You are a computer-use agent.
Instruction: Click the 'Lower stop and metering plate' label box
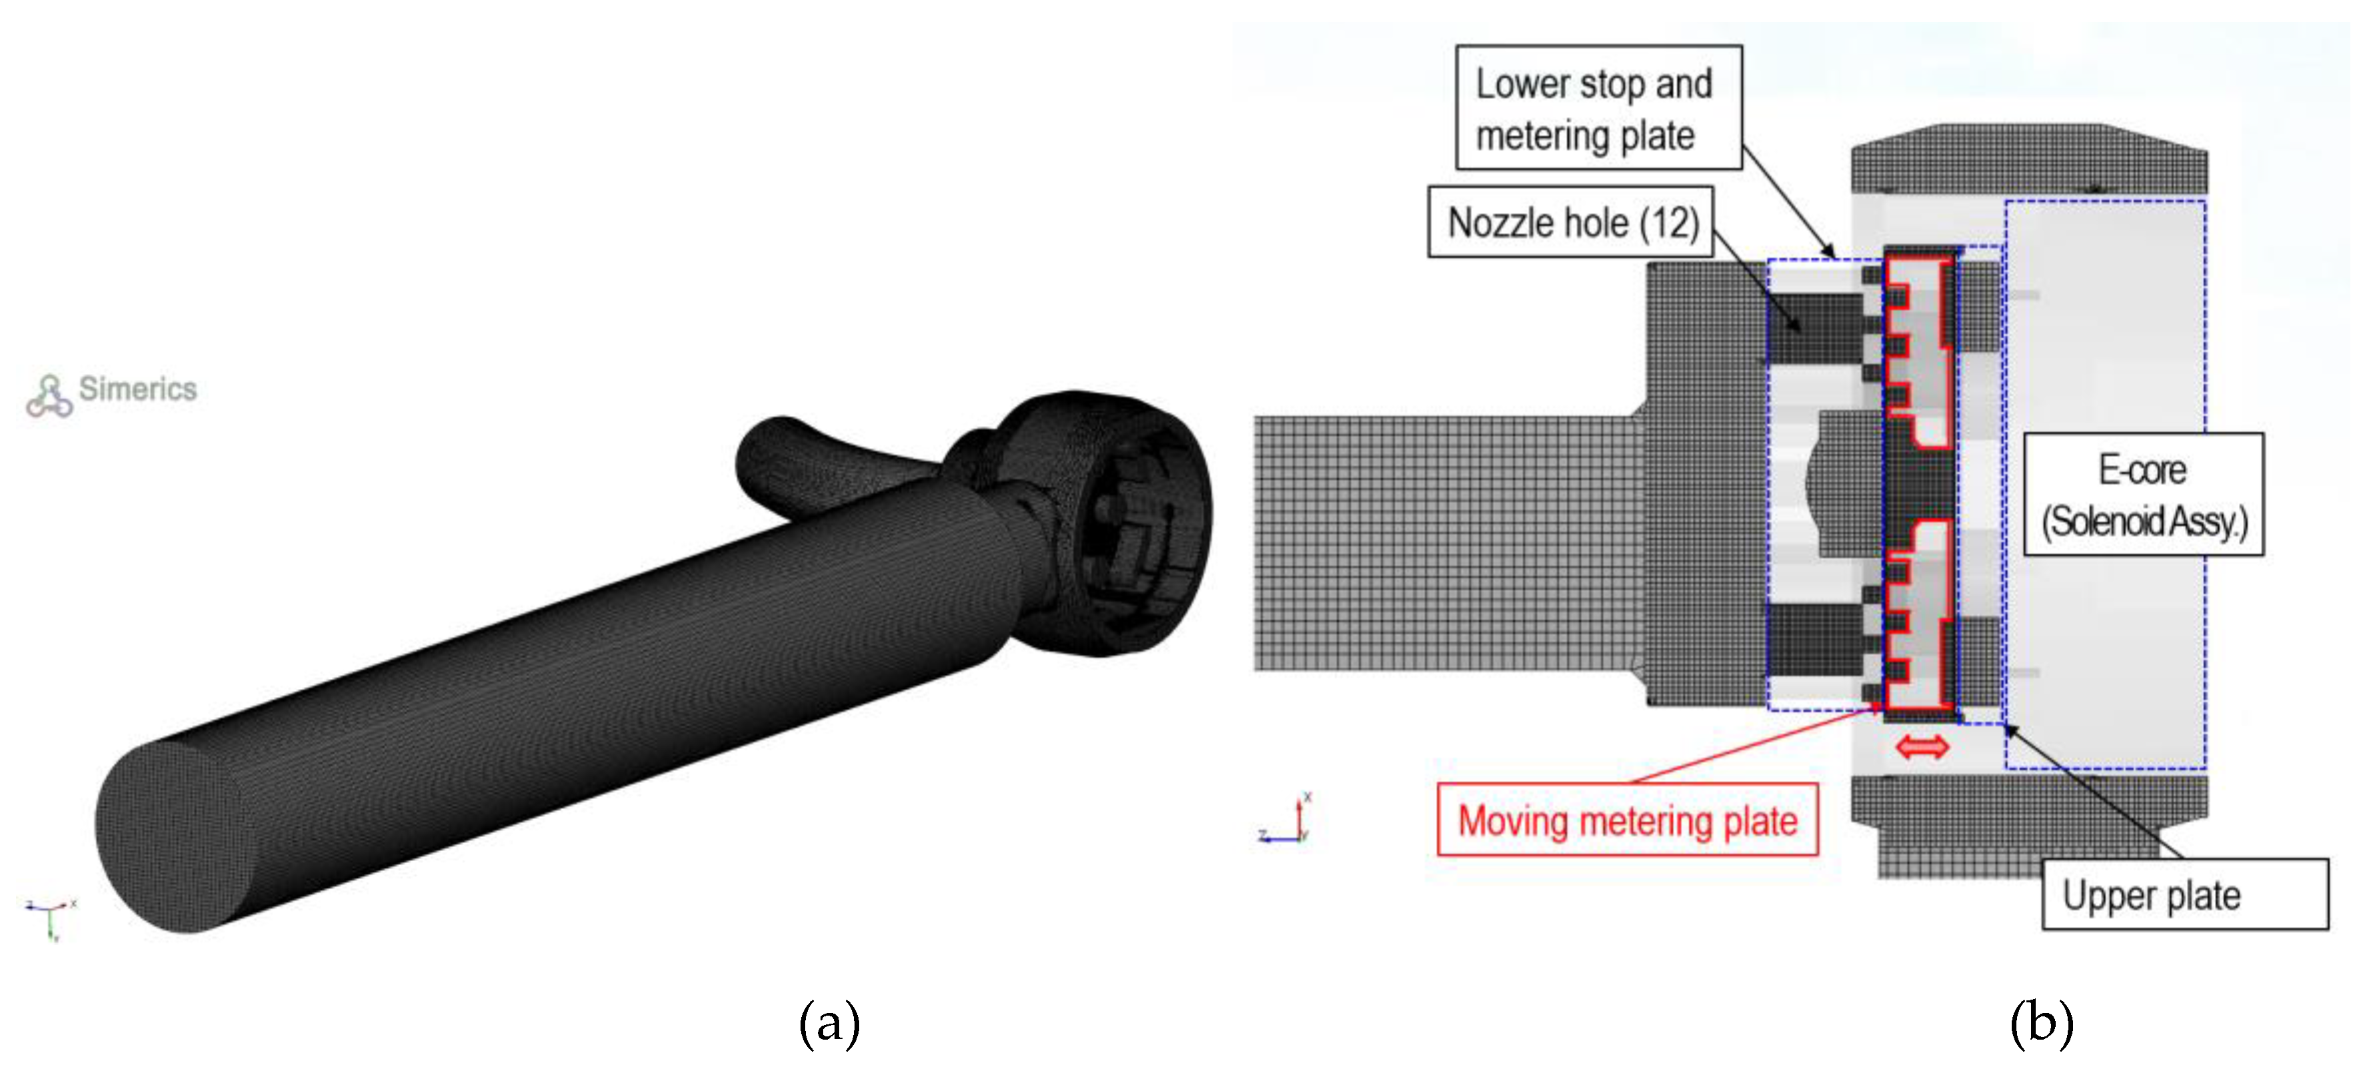(1598, 107)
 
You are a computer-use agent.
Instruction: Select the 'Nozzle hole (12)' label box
(1571, 222)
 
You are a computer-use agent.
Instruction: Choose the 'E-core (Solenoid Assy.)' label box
(2144, 494)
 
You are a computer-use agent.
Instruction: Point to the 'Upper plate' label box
(2185, 894)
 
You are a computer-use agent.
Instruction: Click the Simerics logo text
(137, 389)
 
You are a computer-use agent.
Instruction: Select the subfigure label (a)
(829, 1023)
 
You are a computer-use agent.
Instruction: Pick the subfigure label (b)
(2041, 1023)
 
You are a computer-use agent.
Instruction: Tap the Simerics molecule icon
(49, 396)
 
